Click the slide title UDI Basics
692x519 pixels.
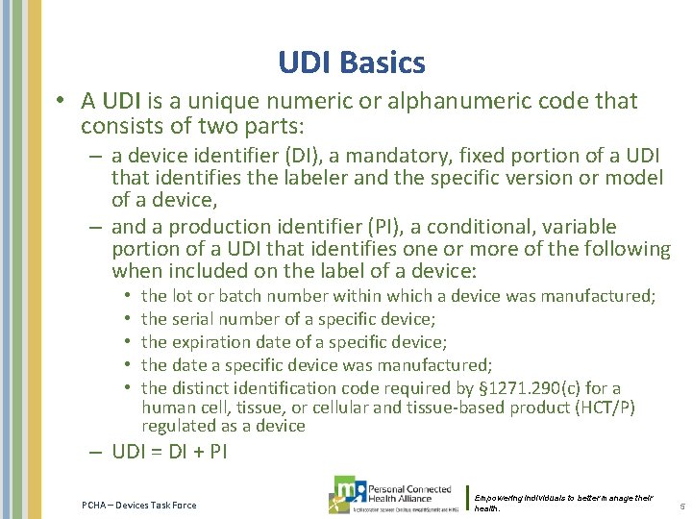[351, 63]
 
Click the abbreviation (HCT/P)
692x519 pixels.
[605, 408]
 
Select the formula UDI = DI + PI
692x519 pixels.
[169, 452]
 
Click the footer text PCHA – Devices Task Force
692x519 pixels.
[138, 506]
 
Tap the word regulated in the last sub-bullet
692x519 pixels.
[177, 425]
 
